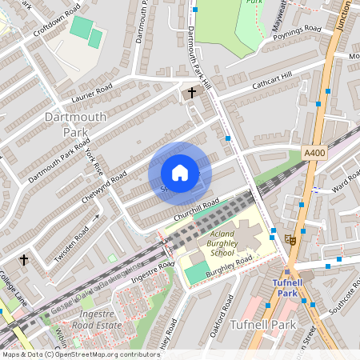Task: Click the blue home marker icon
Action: click(x=180, y=173)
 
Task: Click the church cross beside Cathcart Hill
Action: click(x=192, y=94)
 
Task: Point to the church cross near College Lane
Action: click(x=24, y=260)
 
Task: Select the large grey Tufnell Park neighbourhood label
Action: click(x=263, y=326)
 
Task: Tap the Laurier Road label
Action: click(x=92, y=94)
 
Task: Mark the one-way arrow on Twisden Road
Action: click(x=95, y=217)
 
